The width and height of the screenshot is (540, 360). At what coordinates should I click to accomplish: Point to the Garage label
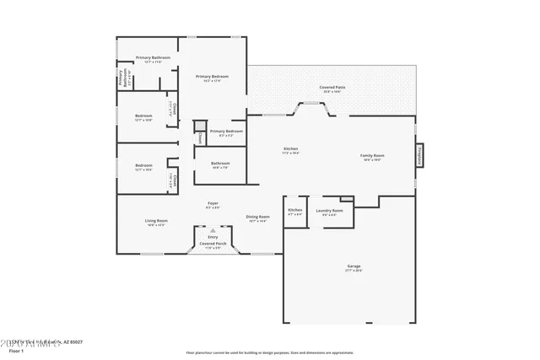353,267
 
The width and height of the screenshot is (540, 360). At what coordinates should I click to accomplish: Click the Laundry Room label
329,211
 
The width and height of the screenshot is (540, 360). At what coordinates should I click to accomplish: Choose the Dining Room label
257,217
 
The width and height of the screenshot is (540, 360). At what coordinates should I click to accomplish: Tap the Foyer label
213,203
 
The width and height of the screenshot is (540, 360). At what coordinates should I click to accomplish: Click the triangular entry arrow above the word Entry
213,230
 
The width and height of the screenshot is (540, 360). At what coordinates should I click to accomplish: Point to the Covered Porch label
213,244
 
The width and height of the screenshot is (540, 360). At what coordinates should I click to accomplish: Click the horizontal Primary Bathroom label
154,57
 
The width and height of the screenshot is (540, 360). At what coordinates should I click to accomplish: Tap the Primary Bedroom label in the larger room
213,77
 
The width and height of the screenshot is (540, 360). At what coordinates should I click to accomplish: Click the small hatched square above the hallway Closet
200,127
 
